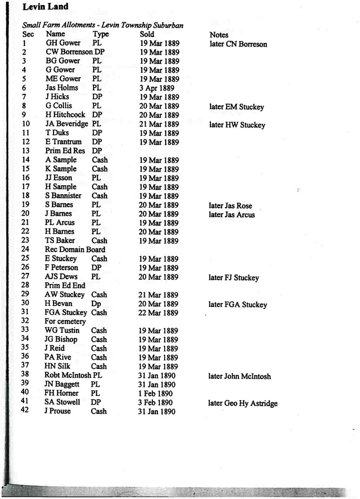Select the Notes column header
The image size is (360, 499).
[219, 35]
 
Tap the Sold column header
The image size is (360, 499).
[147, 34]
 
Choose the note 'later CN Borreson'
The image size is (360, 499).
[238, 44]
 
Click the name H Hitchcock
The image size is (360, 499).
[65, 115]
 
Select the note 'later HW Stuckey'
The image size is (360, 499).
[237, 125]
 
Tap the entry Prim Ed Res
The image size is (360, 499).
[65, 151]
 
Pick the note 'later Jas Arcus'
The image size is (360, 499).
[232, 215]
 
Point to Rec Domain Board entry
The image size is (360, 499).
[75, 249]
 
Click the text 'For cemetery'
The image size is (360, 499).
[65, 321]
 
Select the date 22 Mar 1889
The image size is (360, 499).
[159, 313]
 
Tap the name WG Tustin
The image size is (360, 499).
[62, 330]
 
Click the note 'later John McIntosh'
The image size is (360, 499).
[240, 376]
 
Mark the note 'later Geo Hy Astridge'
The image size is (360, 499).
[243, 403]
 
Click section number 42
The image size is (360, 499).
[25, 410]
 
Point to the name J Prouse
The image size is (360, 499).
[58, 411]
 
